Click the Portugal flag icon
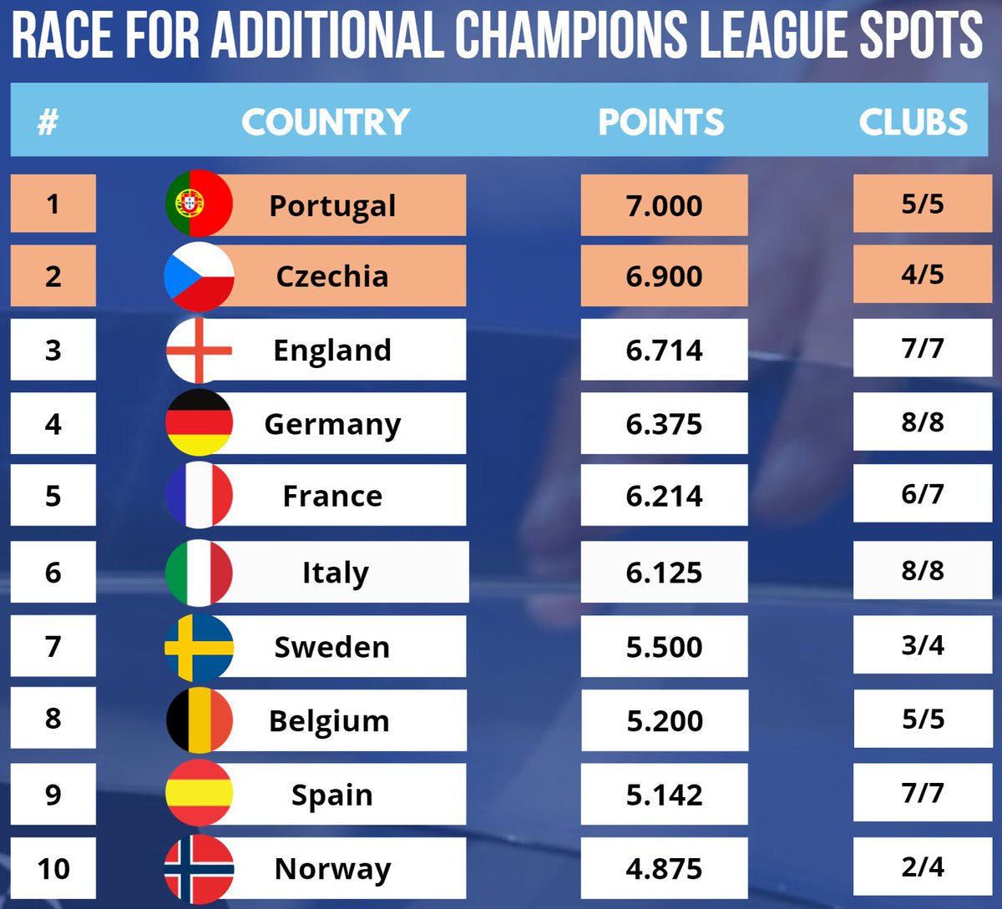[199, 204]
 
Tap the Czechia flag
[199, 276]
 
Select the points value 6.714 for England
[664, 350]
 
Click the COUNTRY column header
[326, 123]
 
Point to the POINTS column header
[661, 123]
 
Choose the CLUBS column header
[913, 123]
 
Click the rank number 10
[53, 869]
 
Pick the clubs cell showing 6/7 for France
[923, 494]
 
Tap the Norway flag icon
[199, 869]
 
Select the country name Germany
[332, 424]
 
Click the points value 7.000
[664, 205]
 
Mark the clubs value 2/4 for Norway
[923, 866]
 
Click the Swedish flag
[199, 647]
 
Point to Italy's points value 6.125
[664, 573]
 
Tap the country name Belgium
[329, 720]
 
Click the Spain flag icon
[199, 794]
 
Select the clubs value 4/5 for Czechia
[923, 275]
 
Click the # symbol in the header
[48, 123]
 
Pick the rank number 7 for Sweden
[53, 646]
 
